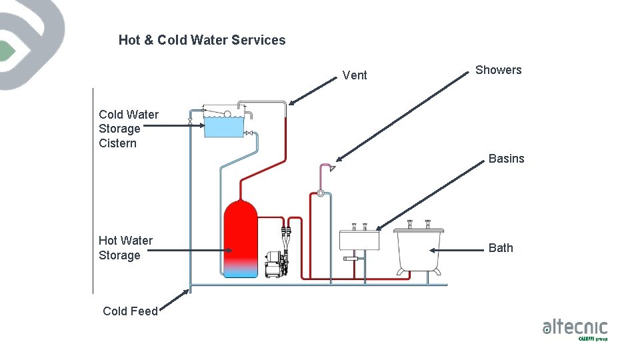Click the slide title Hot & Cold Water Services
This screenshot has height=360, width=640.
coord(202,40)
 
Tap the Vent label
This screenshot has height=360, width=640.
coord(355,75)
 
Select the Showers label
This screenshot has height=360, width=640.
coord(498,70)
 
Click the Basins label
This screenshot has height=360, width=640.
coord(506,159)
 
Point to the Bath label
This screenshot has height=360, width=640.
coord(501,248)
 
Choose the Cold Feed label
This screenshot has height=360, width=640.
coord(130,311)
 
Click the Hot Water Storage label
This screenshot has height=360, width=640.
coord(125,248)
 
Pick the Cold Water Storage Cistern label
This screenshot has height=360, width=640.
coord(129,129)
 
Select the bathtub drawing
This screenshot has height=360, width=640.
coord(419,249)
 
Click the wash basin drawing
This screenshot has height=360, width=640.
coord(359,240)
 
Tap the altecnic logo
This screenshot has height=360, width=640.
coord(575,329)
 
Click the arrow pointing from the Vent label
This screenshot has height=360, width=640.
coord(313,91)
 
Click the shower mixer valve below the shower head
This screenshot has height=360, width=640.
coord(320,193)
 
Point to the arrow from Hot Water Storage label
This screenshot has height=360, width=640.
coord(193,251)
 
